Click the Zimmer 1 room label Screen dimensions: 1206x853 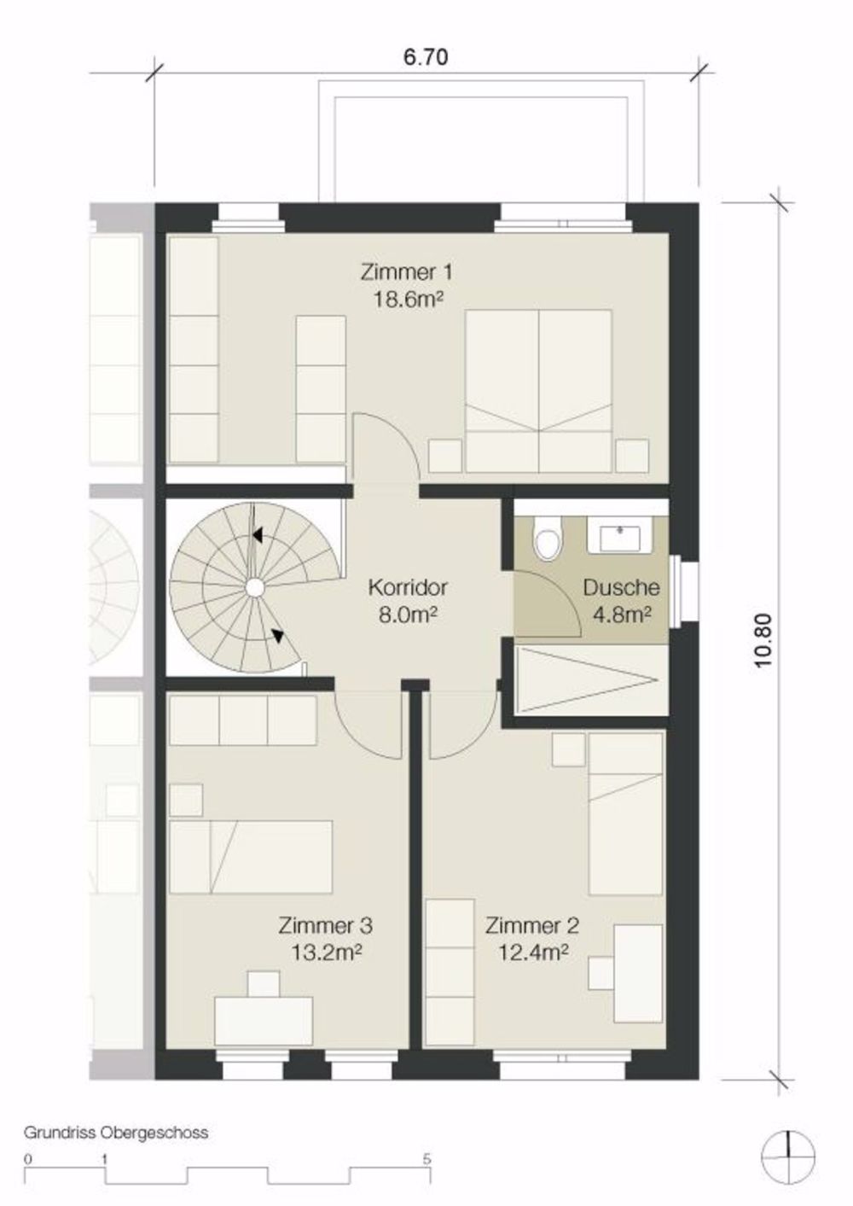406,272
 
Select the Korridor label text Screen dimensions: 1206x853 408,587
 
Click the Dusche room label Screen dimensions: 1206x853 621,587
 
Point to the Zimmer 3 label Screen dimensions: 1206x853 325,925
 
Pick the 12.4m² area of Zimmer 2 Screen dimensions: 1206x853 533,951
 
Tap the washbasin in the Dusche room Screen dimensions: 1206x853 620,537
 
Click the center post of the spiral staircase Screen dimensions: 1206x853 253,586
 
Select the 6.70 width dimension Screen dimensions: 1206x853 425,58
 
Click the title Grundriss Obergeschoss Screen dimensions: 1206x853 116,1133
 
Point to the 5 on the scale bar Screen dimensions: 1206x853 426,1159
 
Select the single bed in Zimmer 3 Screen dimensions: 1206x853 251,856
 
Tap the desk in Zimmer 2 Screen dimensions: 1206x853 638,973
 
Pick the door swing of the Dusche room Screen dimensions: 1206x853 546,603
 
